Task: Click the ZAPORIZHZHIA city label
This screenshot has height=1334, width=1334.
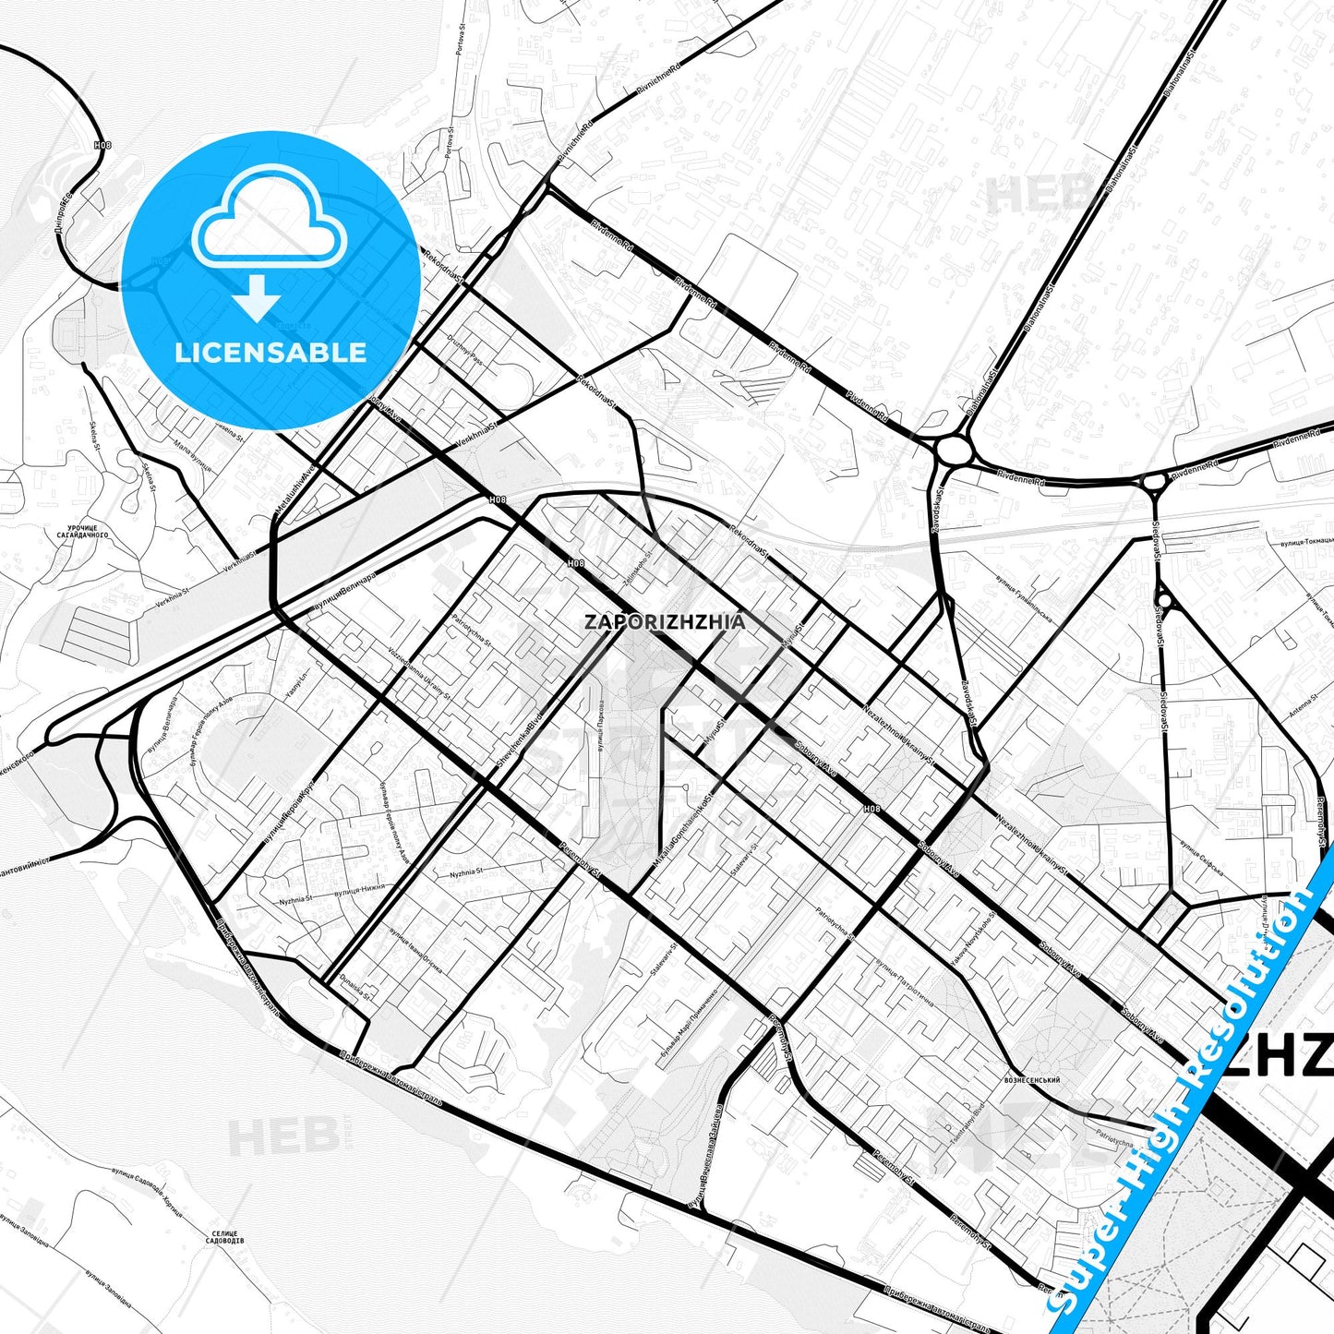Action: [665, 621]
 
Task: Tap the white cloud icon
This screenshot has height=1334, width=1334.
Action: [270, 222]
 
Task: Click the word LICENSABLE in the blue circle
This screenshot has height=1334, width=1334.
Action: [270, 352]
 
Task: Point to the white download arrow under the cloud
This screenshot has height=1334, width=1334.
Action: [258, 297]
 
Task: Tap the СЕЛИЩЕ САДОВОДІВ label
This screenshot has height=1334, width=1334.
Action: [225, 1238]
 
